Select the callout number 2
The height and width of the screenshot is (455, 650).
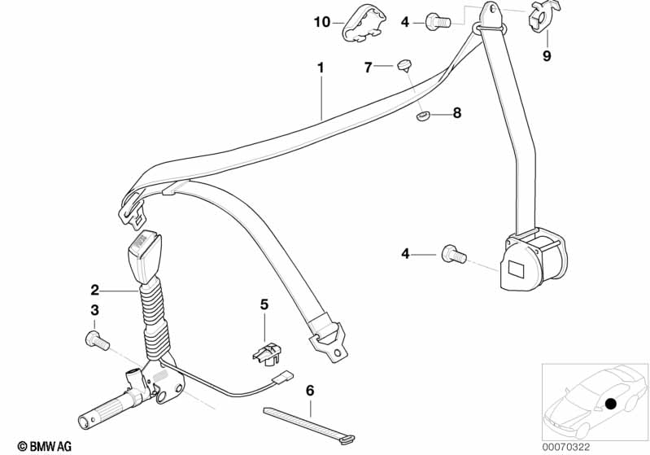coord(95,289)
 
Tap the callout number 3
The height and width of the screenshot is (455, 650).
coord(95,310)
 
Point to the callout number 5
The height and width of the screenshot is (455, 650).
coord(264,304)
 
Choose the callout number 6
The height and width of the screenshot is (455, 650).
coord(309,390)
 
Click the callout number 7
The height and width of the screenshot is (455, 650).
coord(368,68)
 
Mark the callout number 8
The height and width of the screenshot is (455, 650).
coord(456,113)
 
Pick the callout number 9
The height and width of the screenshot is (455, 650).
coord(547,56)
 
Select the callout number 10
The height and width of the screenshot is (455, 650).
coord(322,22)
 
